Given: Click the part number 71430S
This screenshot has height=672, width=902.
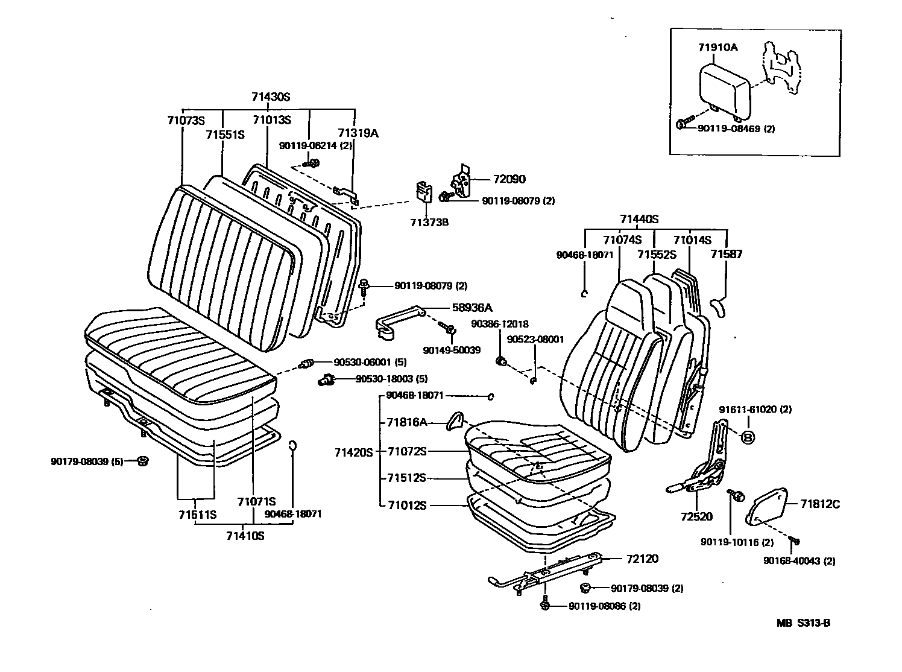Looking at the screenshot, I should click(271, 97).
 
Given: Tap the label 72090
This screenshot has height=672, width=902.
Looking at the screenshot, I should click(508, 179).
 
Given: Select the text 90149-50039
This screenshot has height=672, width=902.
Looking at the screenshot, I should click(452, 350).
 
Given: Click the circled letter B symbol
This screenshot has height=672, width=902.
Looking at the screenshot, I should click(747, 437).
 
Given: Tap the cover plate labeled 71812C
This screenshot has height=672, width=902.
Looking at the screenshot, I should click(765, 504).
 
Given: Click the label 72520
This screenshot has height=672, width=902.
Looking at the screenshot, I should click(696, 516).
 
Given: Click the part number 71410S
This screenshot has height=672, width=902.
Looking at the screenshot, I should click(245, 535).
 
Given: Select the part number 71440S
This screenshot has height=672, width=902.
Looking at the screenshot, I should click(639, 219).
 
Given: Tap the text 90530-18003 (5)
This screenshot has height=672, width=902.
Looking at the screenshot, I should click(391, 379).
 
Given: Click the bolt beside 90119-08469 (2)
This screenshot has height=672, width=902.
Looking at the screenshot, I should click(682, 124).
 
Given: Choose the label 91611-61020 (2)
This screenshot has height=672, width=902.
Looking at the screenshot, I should click(754, 409).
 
